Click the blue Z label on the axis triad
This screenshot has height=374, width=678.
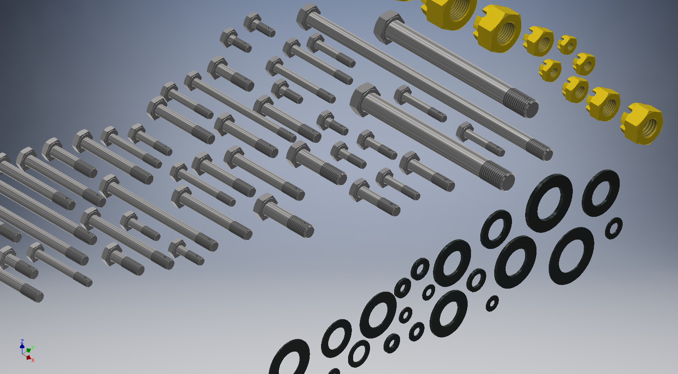click(x=22, y=341)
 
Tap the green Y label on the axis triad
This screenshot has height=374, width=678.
click(x=33, y=348)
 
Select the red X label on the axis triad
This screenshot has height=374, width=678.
click(x=33, y=360)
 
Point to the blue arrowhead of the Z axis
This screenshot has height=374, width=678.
click(x=22, y=346)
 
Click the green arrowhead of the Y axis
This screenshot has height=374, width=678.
click(x=28, y=350)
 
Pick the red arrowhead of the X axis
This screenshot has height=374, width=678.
click(x=29, y=358)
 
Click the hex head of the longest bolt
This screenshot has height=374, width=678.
click(x=308, y=16)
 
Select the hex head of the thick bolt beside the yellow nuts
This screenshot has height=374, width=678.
click(x=388, y=27)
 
